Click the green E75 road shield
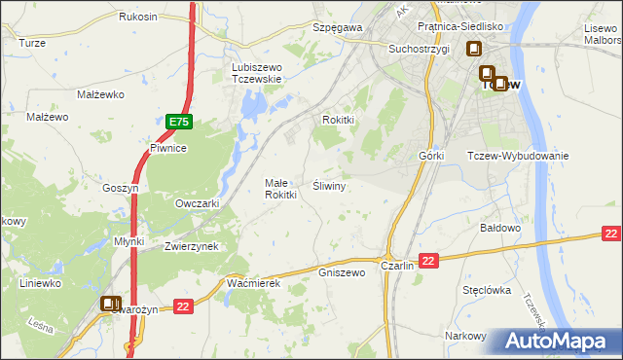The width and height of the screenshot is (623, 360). click(178, 122)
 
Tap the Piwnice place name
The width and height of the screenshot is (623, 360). click(167, 148)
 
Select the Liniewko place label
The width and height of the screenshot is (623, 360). click(41, 283)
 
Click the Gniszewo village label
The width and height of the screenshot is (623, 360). click(342, 273)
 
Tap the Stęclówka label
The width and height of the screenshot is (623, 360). click(487, 289)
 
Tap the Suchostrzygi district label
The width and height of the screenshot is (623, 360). click(419, 48)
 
